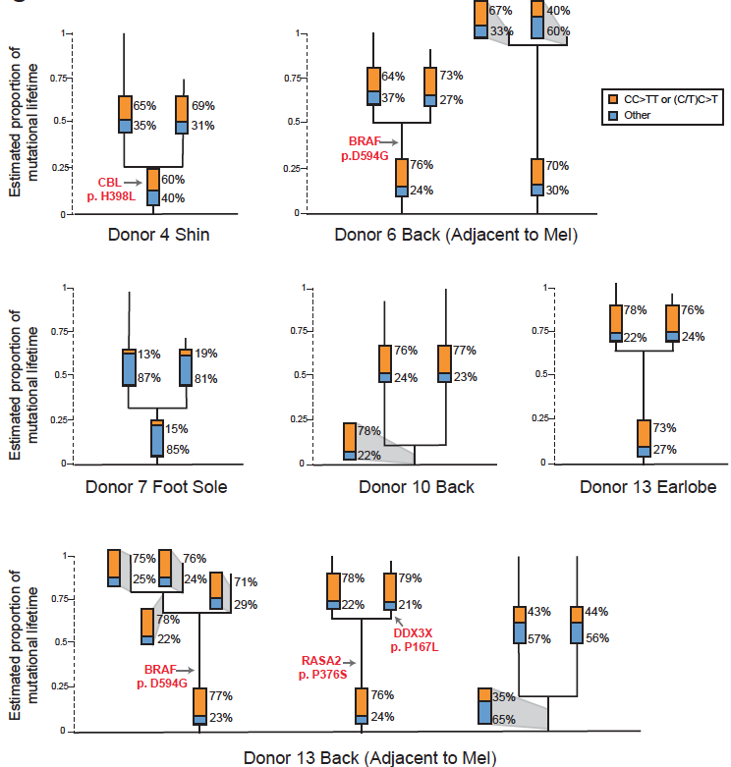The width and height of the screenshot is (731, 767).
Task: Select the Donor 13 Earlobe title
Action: tap(640, 486)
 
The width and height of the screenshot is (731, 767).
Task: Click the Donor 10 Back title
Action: tap(416, 486)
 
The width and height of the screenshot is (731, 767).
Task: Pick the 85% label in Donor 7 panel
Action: tap(177, 451)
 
